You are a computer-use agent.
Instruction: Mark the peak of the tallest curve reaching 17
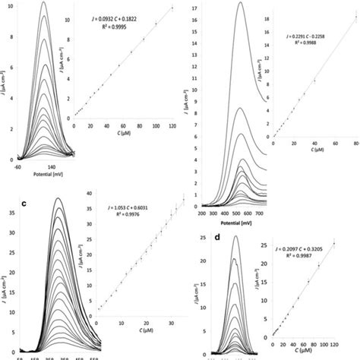click(240, 4)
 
